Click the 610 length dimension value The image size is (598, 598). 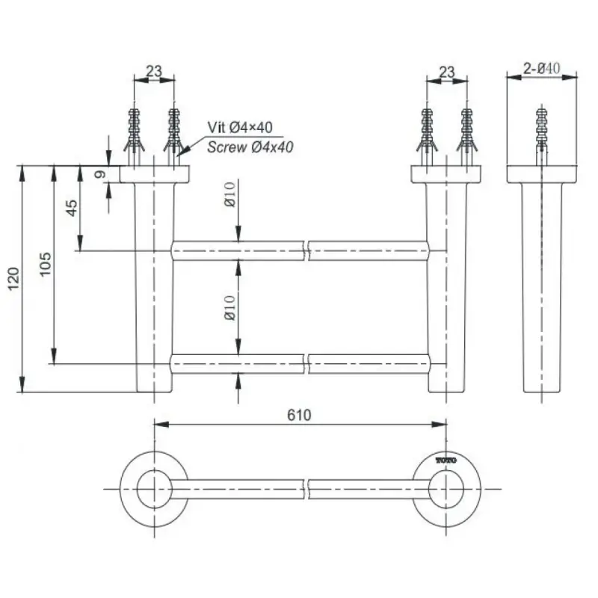[x=299, y=415]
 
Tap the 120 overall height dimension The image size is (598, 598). [x=13, y=279]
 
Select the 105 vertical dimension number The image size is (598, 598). [x=45, y=264]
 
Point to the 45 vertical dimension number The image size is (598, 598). [x=71, y=209]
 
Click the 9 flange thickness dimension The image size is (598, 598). [x=100, y=175]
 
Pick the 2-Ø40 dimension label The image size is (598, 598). [x=541, y=69]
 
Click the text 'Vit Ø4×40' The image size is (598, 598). [x=240, y=127]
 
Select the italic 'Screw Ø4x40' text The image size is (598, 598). [x=250, y=147]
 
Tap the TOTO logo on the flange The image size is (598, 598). [x=446, y=460]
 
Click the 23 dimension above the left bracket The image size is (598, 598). [x=154, y=71]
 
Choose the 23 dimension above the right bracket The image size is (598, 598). [x=446, y=72]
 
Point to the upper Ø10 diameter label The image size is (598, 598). [x=230, y=194]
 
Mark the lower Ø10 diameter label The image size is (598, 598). [x=230, y=308]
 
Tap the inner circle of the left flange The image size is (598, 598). [x=155, y=490]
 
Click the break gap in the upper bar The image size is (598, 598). [x=306, y=251]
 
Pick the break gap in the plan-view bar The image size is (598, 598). [x=306, y=490]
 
